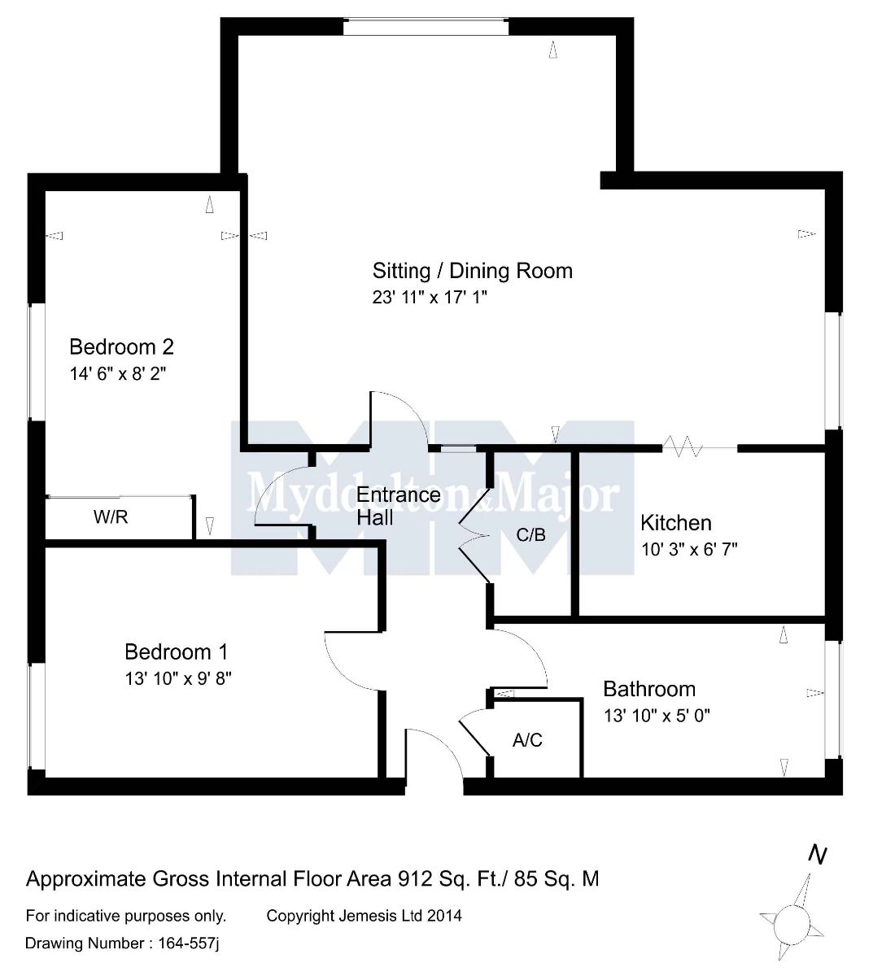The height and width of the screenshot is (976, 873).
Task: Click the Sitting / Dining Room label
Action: (x=472, y=271)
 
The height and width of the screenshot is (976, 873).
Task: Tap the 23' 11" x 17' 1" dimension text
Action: (x=430, y=298)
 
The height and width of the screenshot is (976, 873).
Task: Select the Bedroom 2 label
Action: (x=121, y=347)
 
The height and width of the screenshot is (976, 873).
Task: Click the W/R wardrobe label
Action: (x=111, y=517)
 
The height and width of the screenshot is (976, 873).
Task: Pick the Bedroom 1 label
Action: (x=176, y=651)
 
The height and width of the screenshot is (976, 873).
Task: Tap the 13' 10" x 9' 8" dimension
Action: (x=178, y=678)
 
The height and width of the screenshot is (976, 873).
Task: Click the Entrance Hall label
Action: (x=398, y=506)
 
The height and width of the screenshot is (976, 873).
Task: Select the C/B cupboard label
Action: (x=530, y=535)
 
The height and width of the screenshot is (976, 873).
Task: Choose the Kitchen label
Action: (x=675, y=523)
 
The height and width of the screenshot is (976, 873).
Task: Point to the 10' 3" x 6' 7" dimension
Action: (x=689, y=549)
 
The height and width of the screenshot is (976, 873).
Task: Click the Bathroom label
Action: (x=648, y=690)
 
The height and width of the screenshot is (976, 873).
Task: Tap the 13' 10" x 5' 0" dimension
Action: (x=657, y=717)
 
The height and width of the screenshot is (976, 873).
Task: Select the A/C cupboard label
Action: (x=527, y=740)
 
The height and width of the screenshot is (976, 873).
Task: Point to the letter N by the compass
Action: (x=818, y=855)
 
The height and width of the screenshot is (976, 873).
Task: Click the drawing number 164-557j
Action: (x=185, y=943)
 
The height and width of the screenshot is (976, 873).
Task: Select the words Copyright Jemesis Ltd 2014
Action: (x=364, y=916)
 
